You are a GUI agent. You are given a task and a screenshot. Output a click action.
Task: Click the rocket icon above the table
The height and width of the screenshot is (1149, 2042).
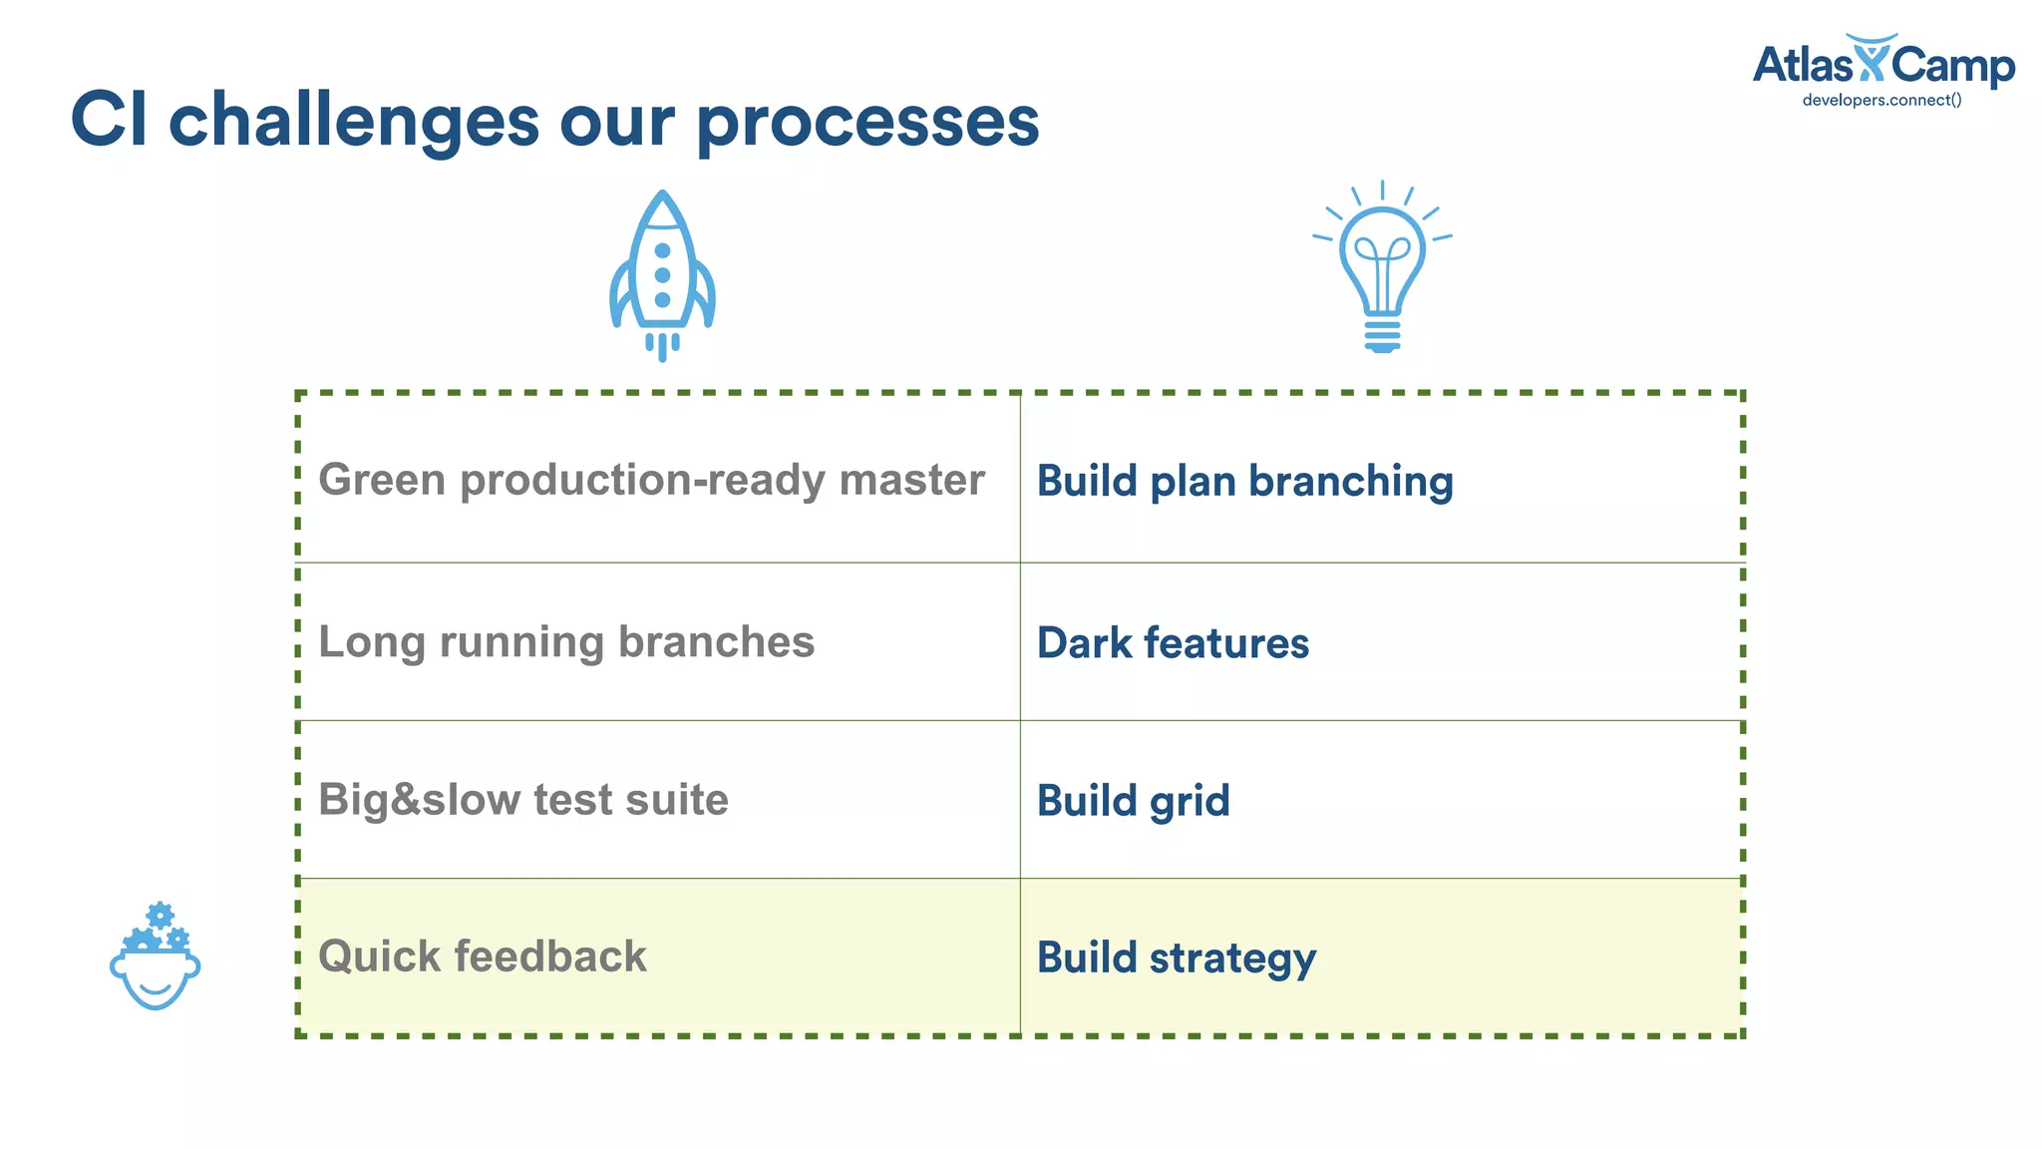662,275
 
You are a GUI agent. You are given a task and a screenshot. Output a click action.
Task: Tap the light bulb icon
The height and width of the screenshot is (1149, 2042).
1382,265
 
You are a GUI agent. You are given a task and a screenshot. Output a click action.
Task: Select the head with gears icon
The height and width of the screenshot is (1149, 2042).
156,957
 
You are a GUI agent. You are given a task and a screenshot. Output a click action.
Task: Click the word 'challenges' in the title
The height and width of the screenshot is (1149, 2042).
354,121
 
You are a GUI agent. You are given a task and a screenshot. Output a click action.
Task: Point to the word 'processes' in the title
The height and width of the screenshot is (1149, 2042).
867,121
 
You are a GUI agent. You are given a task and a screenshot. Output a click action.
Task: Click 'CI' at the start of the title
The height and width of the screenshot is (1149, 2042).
109,121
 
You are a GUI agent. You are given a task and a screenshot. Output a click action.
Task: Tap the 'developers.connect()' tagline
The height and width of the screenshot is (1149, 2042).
1881,100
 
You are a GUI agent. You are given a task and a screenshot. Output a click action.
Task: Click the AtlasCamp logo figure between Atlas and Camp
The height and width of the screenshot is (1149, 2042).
1872,58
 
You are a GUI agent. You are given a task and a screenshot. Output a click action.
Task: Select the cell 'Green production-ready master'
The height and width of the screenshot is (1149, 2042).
651,480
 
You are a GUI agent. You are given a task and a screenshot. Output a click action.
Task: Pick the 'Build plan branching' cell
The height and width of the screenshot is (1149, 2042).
1244,481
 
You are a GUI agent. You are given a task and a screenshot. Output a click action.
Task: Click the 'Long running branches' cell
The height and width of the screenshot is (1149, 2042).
566,642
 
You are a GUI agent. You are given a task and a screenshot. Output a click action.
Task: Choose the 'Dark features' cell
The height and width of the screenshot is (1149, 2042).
1173,643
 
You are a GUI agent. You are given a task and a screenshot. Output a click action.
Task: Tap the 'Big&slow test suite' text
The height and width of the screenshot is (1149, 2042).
523,800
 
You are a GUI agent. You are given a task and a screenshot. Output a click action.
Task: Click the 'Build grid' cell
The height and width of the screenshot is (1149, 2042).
1133,801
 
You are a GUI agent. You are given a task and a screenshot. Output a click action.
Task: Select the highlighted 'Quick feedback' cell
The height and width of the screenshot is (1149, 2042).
483,957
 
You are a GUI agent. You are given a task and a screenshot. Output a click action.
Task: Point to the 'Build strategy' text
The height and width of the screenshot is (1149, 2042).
1177,957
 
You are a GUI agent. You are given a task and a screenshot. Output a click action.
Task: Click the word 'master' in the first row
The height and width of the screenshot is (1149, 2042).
911,480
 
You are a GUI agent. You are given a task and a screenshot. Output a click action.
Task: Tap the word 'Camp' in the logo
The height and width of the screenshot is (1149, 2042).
1952,66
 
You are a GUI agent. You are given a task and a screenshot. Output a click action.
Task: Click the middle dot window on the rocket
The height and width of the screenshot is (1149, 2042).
662,275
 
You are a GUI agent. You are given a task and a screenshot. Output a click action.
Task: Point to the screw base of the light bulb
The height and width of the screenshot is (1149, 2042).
1382,335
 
